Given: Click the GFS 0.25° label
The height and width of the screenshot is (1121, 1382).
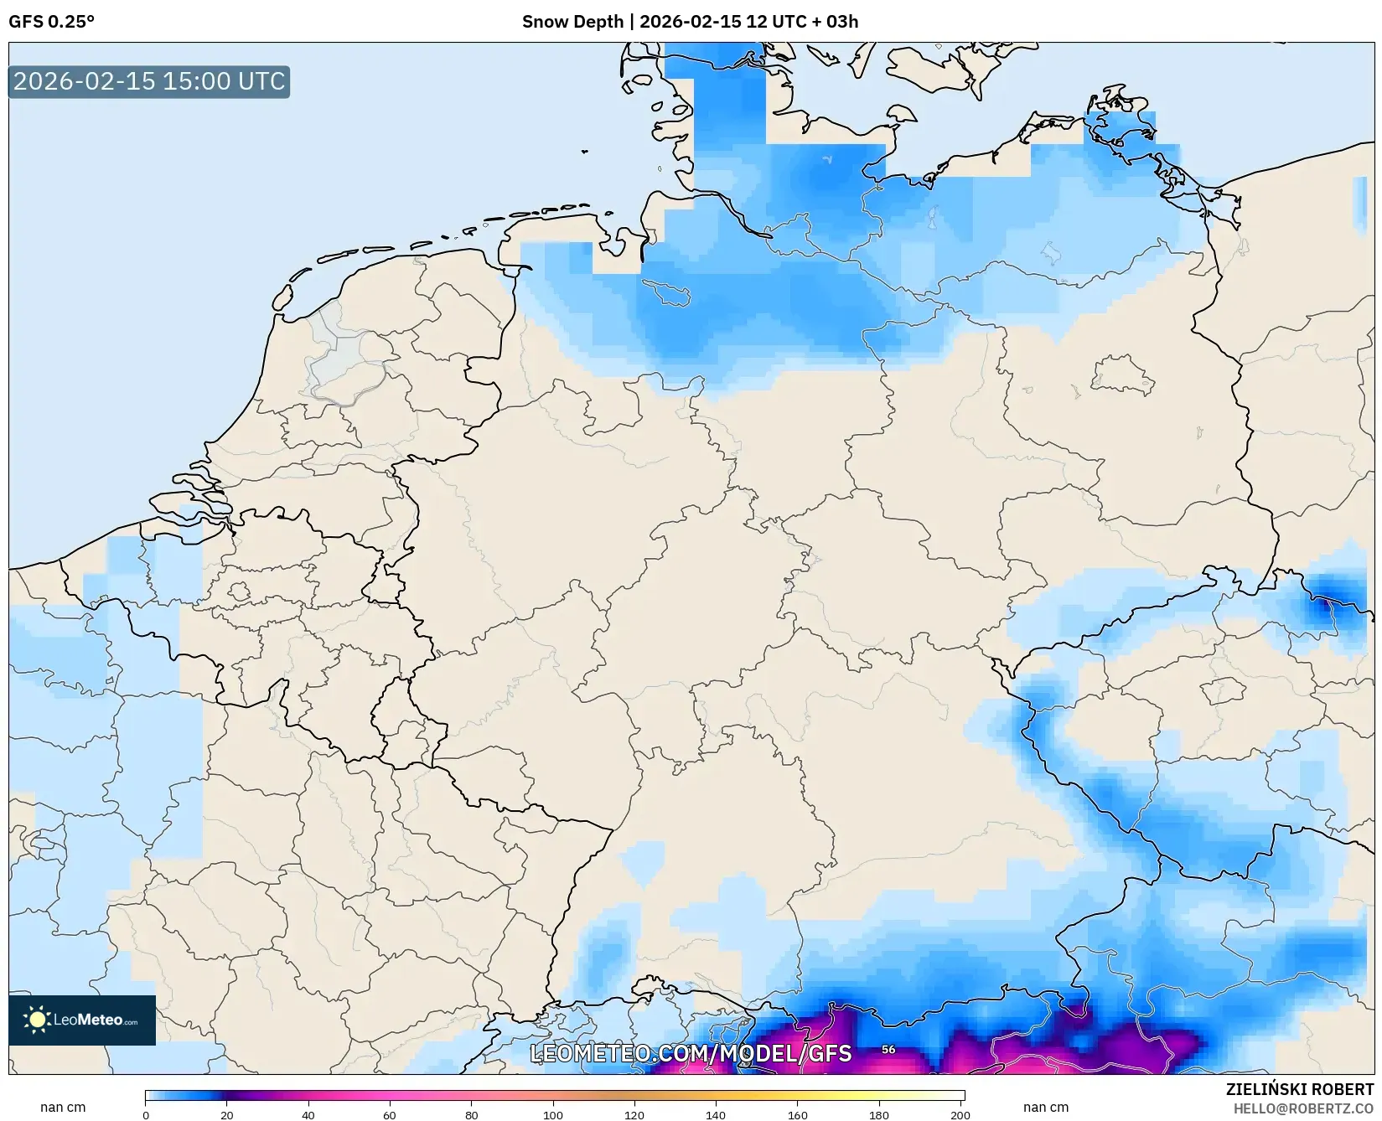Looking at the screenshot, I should click(x=51, y=22).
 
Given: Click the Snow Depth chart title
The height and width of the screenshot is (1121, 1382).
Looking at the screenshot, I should click(x=690, y=22).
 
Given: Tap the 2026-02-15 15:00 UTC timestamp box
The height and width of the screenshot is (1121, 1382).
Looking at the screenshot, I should click(x=149, y=81).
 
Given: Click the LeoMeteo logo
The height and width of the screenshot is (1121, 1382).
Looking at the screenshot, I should click(x=82, y=1020).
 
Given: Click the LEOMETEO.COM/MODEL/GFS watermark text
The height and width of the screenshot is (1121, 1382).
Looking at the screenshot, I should click(x=691, y=1053).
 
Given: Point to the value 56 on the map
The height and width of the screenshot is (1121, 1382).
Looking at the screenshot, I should click(x=888, y=1049).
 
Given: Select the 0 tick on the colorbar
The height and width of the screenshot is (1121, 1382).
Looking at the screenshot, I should click(x=146, y=1114).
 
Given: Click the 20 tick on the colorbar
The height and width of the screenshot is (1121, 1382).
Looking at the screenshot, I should click(x=227, y=1114).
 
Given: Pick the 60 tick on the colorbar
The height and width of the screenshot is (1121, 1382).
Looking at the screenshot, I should click(x=390, y=1114).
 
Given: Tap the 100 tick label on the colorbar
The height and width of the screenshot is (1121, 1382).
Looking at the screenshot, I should click(x=553, y=1114).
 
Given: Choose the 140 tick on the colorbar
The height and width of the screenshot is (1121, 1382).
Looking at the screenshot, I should click(x=716, y=1114).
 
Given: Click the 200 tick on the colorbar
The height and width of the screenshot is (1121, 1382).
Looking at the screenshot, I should click(x=960, y=1114).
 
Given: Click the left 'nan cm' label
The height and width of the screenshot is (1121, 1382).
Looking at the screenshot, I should click(x=63, y=1107).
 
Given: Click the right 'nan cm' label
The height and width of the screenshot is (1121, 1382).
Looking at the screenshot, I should click(x=1045, y=1107).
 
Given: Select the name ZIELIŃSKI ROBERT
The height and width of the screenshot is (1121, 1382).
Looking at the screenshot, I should click(x=1299, y=1089).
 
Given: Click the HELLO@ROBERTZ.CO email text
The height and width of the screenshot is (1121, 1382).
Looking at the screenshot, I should click(x=1303, y=1108).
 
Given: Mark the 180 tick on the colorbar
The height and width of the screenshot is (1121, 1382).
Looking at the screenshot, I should click(x=879, y=1114).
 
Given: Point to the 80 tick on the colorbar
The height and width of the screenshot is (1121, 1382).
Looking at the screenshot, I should click(x=472, y=1114).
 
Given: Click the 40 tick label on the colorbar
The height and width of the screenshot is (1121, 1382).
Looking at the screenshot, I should click(x=308, y=1114).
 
